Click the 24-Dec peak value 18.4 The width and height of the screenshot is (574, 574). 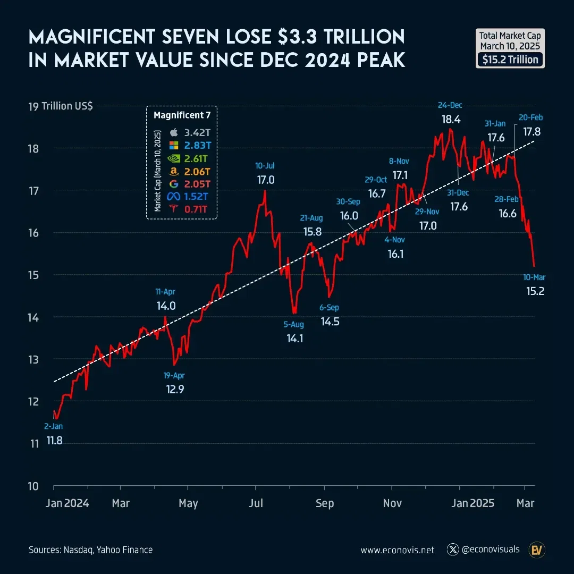click(450, 119)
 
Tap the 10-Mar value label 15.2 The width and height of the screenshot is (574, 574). click(535, 291)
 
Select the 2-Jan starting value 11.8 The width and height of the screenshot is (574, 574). click(54, 440)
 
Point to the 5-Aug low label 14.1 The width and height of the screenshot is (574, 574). click(294, 337)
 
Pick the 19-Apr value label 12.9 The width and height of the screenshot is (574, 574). click(174, 390)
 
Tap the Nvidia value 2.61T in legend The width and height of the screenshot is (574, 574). click(196, 158)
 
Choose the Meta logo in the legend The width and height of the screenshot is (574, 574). click(173, 197)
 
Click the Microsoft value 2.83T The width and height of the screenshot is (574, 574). click(196, 145)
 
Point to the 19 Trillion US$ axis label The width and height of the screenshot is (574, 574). click(60, 106)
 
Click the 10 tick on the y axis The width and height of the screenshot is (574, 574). click(34, 486)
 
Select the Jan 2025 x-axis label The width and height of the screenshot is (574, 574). click(475, 503)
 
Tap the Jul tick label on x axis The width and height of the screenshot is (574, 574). click(257, 503)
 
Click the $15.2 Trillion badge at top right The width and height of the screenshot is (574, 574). click(510, 60)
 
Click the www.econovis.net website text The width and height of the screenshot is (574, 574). click(398, 550)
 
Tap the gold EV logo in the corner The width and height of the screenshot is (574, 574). click(536, 550)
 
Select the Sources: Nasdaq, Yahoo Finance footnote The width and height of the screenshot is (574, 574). click(90, 550)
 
